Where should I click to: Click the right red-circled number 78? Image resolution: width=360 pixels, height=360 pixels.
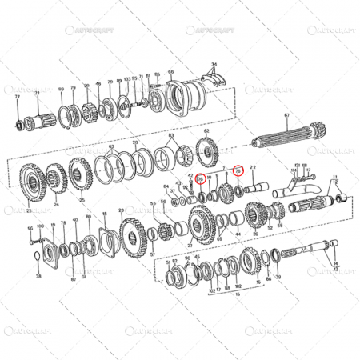tap(238, 170)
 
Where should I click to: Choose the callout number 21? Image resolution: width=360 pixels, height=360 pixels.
tap(38, 94)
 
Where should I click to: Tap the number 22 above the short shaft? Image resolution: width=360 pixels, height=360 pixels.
tap(253, 167)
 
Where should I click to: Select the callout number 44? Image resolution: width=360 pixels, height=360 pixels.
tap(238, 233)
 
